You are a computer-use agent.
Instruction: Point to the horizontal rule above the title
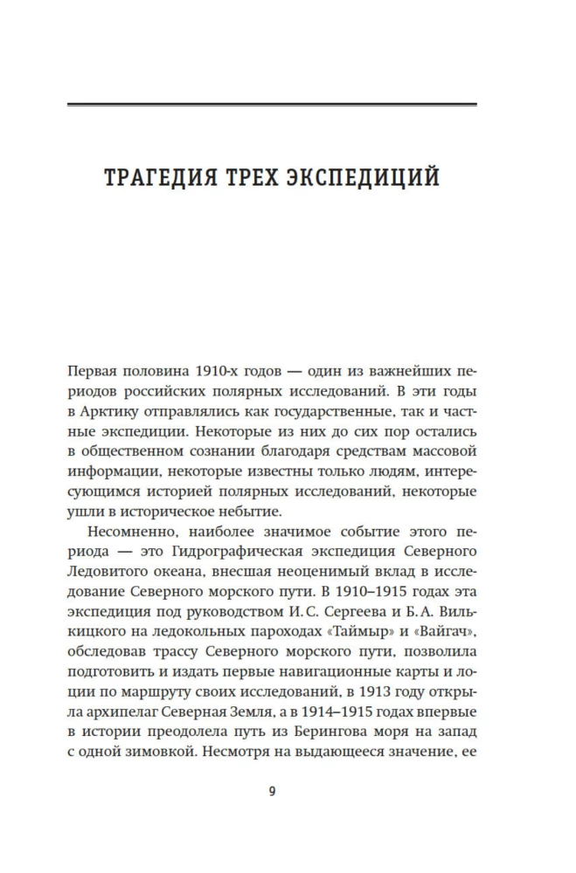272,105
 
